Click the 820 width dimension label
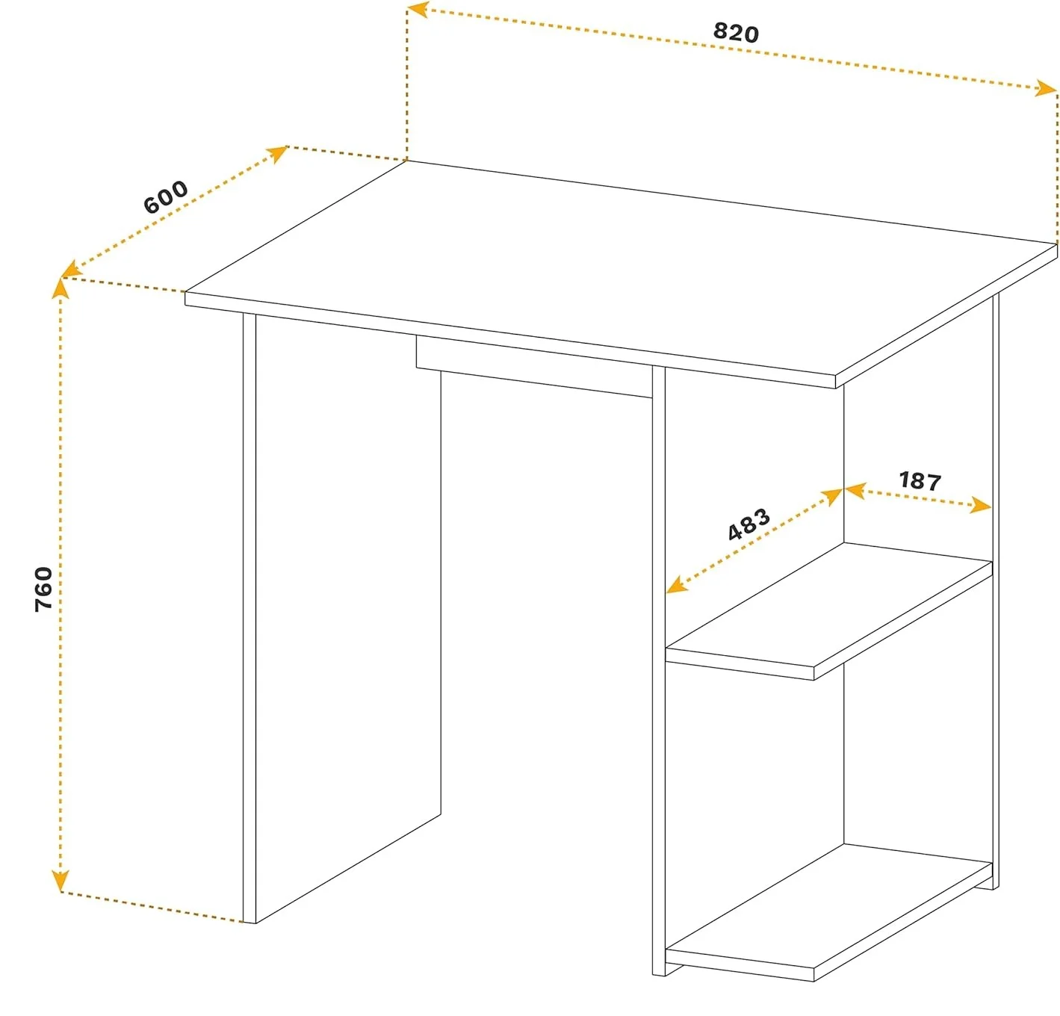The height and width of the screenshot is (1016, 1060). click(735, 33)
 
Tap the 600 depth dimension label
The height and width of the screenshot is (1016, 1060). click(166, 196)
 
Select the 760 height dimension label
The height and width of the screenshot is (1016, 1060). click(43, 589)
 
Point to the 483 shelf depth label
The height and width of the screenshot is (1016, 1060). click(749, 524)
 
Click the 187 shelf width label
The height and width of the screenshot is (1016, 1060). click(920, 481)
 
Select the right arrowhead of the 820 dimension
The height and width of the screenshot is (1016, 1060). click(1046, 87)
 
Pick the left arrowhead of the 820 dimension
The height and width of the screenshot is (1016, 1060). click(418, 9)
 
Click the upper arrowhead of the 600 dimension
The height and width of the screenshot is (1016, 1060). click(277, 154)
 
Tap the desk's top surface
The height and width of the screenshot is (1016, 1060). click(621, 267)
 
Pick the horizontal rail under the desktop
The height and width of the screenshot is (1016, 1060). click(534, 366)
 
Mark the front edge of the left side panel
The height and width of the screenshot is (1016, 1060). click(249, 618)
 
